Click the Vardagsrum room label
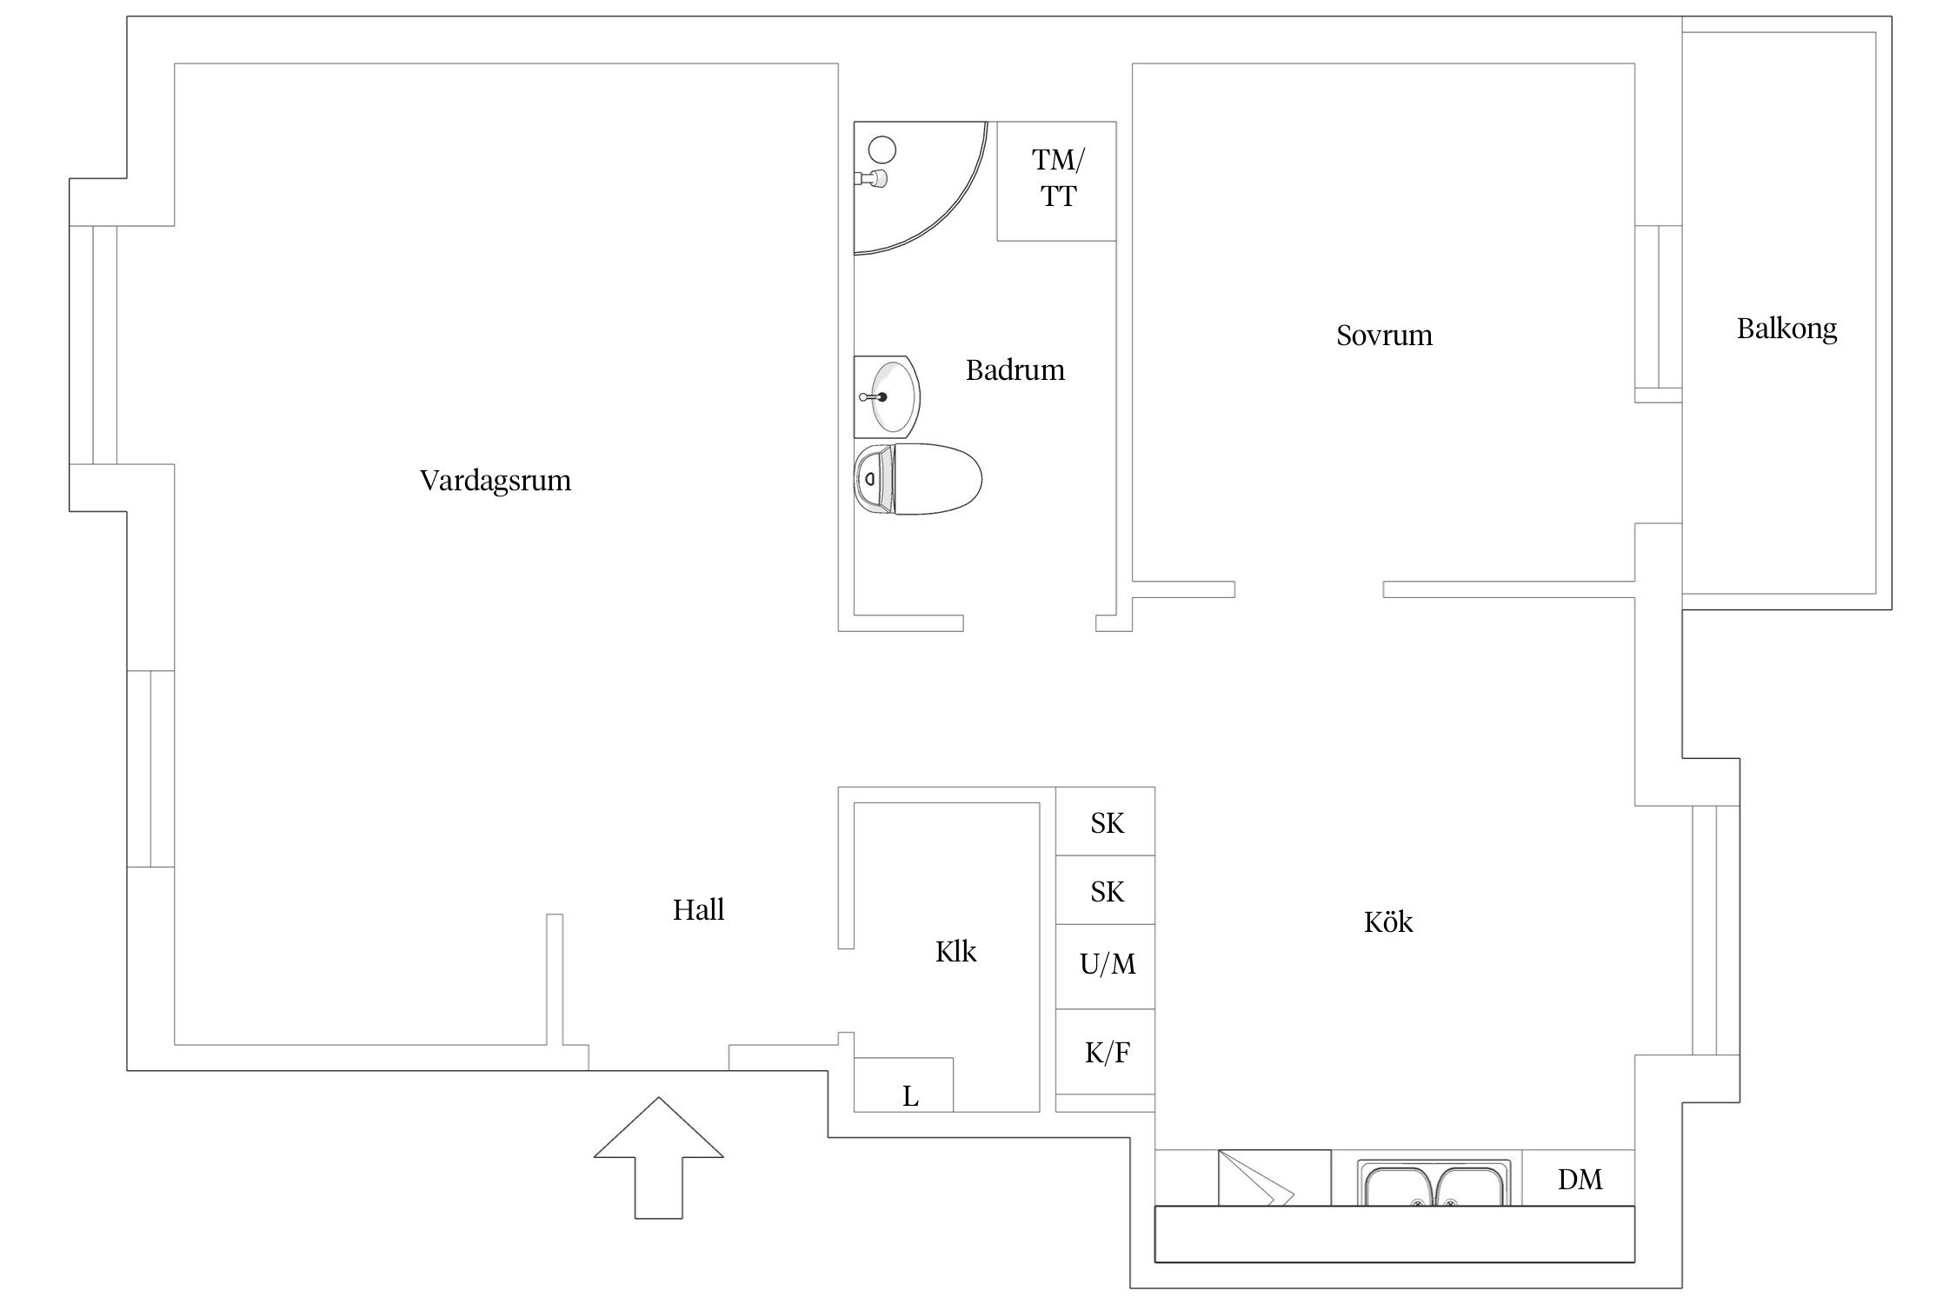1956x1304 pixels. [496, 481]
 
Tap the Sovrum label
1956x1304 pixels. [1384, 336]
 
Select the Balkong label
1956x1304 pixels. [1786, 329]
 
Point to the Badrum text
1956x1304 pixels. [1015, 370]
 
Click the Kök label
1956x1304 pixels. [1388, 922]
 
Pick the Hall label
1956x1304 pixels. [698, 910]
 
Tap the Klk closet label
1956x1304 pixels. [955, 952]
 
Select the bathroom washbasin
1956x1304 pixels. [889, 396]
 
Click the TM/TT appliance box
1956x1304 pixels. [1057, 181]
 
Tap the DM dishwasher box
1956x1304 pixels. [1579, 1179]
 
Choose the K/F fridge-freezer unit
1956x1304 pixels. [1106, 1053]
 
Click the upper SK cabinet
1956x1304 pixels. [1106, 822]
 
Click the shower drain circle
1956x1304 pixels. [882, 150]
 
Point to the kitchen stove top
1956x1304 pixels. [1274, 1178]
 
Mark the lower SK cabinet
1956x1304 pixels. [1106, 891]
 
